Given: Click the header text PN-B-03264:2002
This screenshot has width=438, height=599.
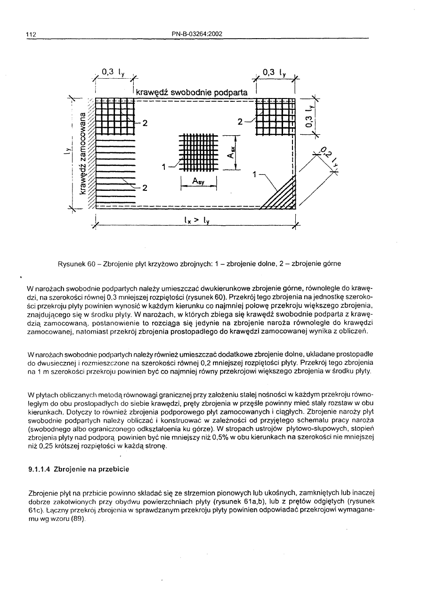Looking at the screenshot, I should [x=197, y=33].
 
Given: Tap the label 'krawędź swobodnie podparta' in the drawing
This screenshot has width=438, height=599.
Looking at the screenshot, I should [x=191, y=92].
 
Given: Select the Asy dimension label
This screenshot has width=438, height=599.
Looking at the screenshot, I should [x=199, y=181].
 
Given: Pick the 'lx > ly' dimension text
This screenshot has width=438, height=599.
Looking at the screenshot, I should [x=196, y=220].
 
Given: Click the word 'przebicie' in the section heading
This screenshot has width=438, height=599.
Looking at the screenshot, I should [x=115, y=469].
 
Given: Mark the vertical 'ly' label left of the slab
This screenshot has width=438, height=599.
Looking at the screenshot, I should [x=68, y=151].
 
